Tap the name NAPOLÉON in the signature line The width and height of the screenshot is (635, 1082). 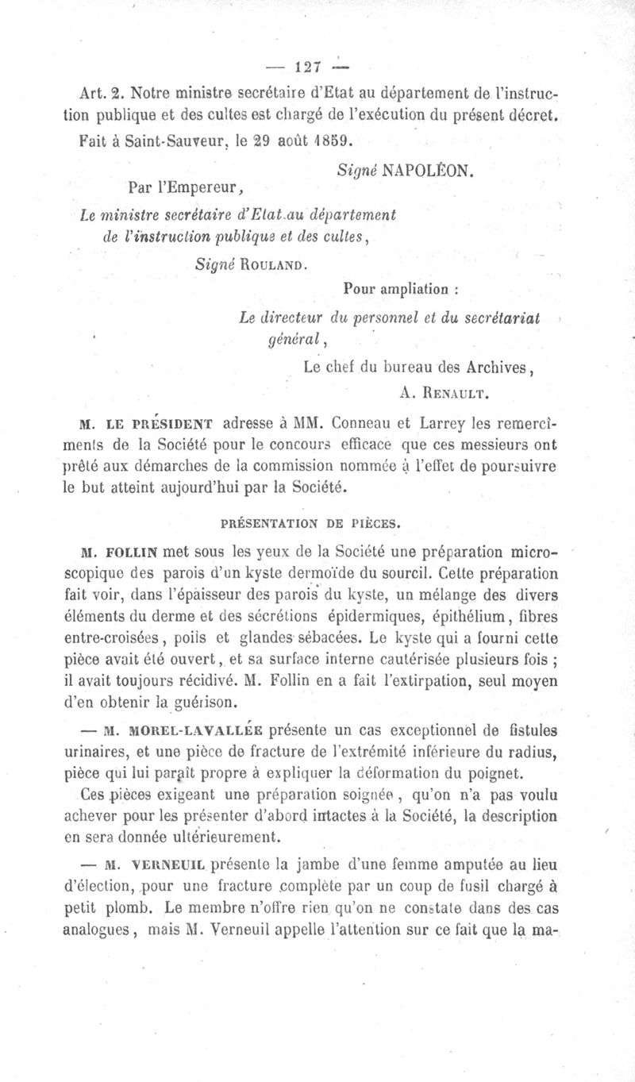pos(429,170)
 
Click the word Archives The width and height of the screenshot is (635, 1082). pos(489,367)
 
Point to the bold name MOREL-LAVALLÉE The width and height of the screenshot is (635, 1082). pos(190,729)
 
